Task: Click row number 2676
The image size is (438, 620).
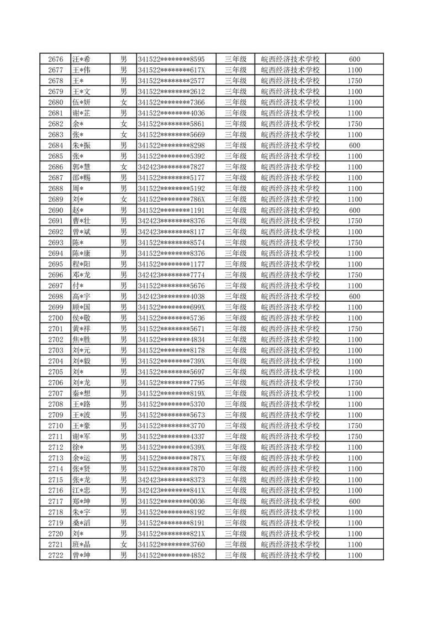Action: pos(55,59)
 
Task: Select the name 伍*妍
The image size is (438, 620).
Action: pos(82,102)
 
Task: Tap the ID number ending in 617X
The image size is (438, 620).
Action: pos(171,70)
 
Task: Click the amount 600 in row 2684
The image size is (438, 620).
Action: pos(355,145)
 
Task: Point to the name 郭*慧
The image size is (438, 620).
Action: pos(82,167)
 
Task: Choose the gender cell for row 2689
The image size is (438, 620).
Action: pos(124,199)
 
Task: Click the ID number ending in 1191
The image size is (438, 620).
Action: pos(171,210)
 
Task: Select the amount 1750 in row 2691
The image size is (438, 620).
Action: pos(355,221)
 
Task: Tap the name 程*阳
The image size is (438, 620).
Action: pos(82,264)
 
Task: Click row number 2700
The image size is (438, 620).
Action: pos(55,318)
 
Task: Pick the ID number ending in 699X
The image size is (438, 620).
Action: pos(171,307)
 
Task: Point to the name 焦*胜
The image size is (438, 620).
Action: pos(82,340)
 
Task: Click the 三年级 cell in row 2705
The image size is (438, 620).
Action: pos(235,372)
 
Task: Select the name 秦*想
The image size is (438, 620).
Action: pos(82,393)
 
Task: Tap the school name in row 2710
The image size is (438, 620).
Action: pos(290,426)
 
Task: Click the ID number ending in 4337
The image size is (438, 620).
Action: pos(171,437)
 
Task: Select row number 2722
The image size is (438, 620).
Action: pos(55,555)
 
